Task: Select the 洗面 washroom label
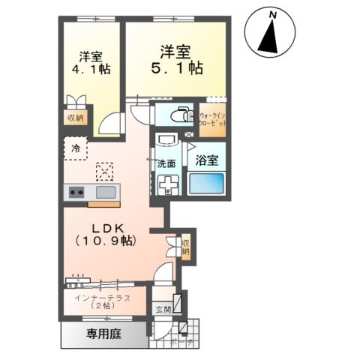[166, 163]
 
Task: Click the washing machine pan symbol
[166, 184]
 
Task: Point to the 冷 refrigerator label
[75, 148]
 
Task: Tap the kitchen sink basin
[104, 193]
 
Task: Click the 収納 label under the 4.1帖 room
[75, 118]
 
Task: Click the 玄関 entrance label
[163, 309]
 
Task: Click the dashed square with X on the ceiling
[106, 170]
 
